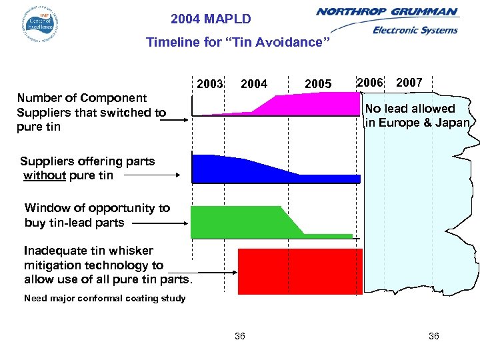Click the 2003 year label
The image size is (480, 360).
click(x=210, y=83)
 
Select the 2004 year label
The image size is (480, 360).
click(x=253, y=83)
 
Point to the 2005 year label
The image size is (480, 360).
click(x=317, y=83)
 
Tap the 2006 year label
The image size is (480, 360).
click(x=370, y=82)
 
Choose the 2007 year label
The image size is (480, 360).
click(x=409, y=82)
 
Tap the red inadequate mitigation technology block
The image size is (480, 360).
click(x=300, y=271)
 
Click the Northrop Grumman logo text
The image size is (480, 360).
click(x=387, y=11)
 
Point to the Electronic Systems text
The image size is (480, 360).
click(x=415, y=29)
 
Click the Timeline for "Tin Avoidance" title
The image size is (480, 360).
click(x=238, y=43)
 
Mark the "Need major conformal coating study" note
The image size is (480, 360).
click(x=105, y=298)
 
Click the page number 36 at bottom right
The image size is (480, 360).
click(x=433, y=336)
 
